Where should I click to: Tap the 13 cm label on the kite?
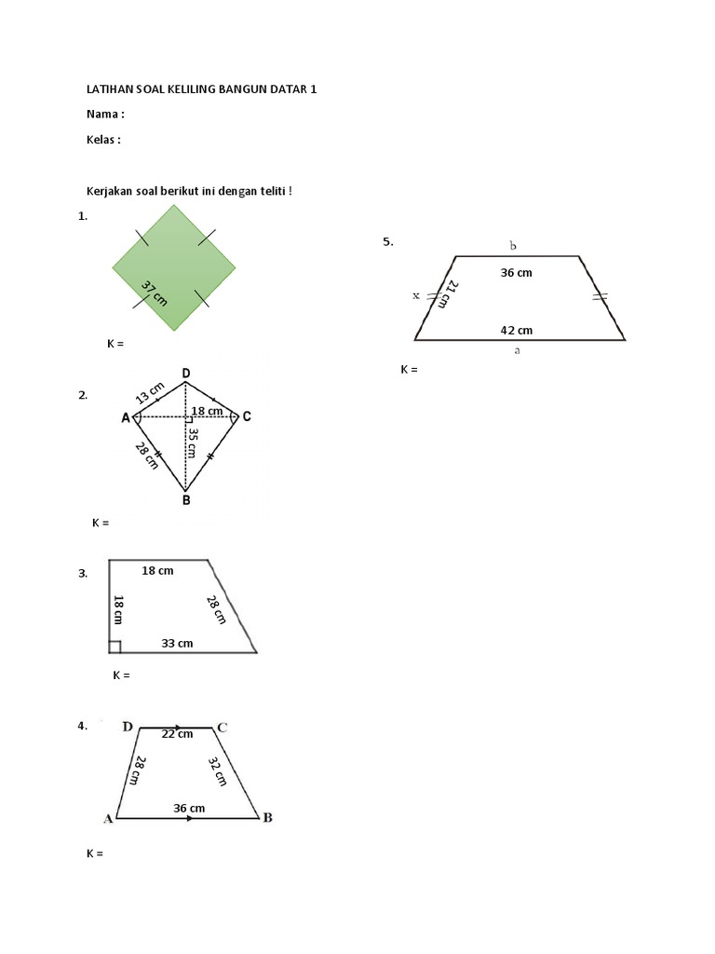pos(151,393)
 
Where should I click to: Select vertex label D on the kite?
pos(186,374)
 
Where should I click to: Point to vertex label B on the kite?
pos(186,500)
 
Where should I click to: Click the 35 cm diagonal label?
pos(192,443)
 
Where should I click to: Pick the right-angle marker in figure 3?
pos(115,647)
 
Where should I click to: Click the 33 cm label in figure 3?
pos(177,643)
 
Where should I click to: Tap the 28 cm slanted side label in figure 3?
pos(216,610)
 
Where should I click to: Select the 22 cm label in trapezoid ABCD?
pos(177,734)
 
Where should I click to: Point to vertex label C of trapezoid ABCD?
pos(223,727)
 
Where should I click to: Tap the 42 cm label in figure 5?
pos(517,330)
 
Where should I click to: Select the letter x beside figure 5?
pos(416,295)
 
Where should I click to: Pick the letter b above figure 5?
pos(513,245)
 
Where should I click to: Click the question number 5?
pos(387,242)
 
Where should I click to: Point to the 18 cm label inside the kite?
pos(207,411)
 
